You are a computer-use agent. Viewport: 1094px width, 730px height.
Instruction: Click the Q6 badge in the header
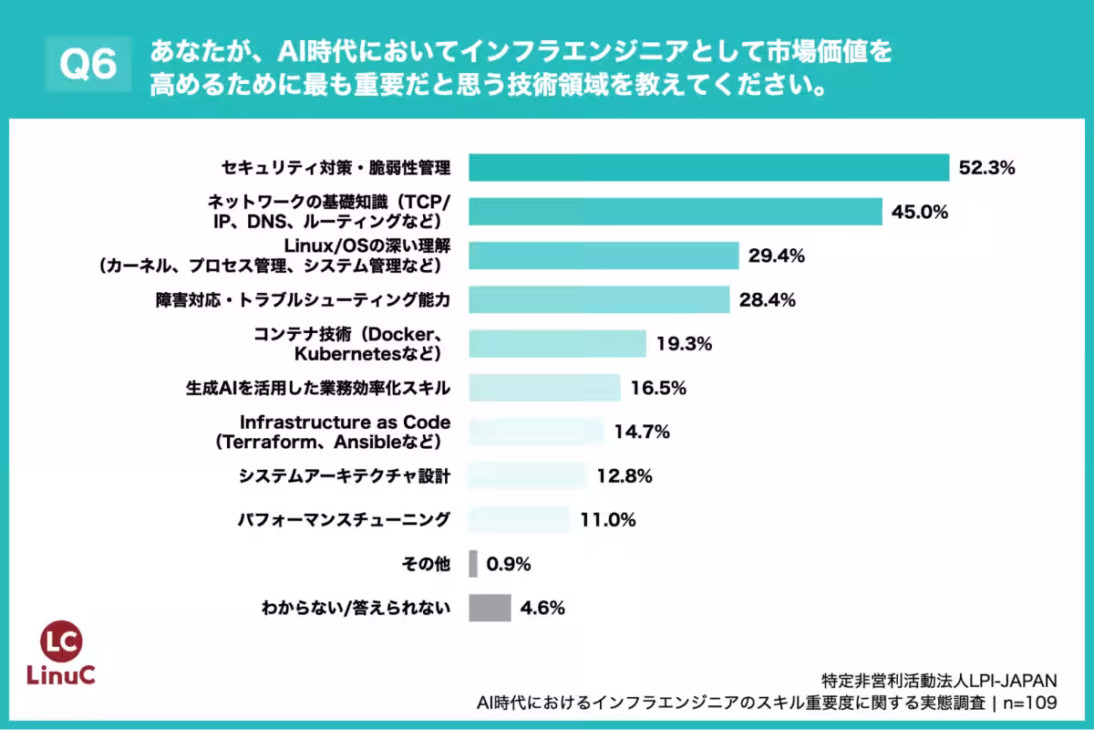pos(88,65)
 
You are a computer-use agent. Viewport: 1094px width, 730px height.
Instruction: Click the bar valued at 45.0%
pos(676,212)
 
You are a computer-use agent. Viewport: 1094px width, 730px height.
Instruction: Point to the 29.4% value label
pos(776,256)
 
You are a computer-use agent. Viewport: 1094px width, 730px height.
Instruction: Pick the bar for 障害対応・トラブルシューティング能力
pos(599,300)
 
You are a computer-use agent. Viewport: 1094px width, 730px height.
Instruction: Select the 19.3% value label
pos(684,344)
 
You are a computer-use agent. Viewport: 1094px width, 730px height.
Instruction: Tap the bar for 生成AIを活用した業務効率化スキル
pos(544,388)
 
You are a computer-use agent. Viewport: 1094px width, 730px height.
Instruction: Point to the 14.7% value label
pos(642,432)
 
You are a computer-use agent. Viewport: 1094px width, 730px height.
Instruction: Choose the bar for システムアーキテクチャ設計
pos(527,475)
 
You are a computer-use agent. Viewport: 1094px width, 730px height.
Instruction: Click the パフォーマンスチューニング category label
pos(344,520)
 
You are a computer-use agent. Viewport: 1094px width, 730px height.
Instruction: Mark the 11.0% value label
pos(607,520)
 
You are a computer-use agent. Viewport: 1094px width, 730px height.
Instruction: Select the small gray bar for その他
pos(473,564)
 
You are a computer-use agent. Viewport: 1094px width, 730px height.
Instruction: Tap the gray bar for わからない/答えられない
pos(490,608)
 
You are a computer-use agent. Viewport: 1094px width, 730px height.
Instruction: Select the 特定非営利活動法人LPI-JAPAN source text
pos(939,681)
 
